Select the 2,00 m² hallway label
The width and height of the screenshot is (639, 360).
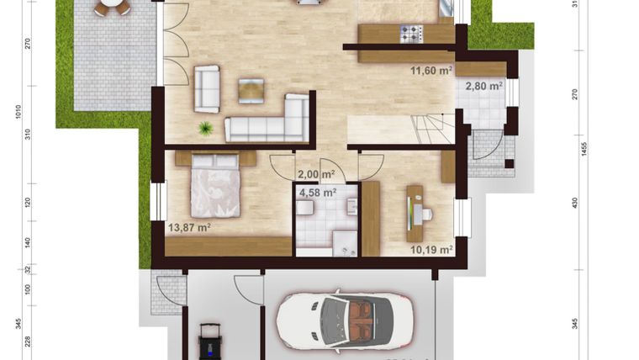point(315,174)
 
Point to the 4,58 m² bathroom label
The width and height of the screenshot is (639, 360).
point(317,192)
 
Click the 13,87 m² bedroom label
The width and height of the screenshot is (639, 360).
point(188,227)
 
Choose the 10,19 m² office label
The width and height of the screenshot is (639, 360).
point(431,249)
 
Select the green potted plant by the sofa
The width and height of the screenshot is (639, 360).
point(205,128)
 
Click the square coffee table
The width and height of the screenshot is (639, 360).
point(251,89)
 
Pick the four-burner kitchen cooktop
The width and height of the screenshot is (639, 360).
point(410,34)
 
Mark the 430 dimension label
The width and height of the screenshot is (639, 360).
point(576,203)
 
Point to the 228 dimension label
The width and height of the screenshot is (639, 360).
point(28,341)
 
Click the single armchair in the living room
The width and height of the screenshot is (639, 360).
point(206,88)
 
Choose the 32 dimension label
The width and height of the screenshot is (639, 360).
point(28,269)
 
